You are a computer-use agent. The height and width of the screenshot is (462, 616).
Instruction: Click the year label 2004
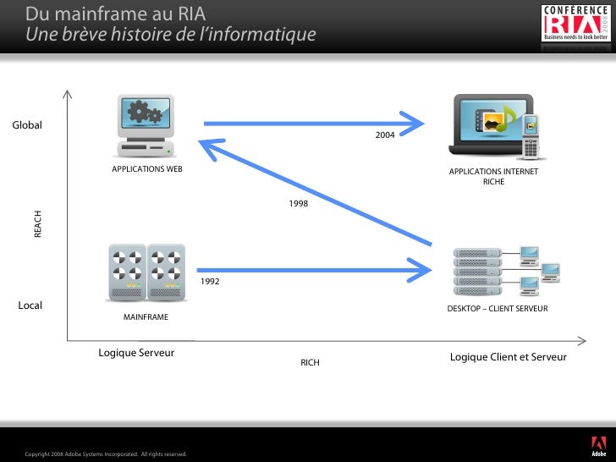(384, 135)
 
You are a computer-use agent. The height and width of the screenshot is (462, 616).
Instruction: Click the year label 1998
(298, 204)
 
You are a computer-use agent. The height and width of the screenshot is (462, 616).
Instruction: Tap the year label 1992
(210, 281)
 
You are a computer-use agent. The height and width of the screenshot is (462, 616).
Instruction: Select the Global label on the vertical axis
(27, 126)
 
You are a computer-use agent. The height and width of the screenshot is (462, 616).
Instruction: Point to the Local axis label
(30, 305)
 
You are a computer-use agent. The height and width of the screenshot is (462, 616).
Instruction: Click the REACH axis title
(38, 224)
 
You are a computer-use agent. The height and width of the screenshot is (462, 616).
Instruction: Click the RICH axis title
(311, 363)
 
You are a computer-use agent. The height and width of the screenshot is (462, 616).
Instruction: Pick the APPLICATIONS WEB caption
(147, 169)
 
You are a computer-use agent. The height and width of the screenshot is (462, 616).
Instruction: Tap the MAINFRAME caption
(146, 317)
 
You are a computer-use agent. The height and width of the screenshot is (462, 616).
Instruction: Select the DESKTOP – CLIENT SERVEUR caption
(497, 309)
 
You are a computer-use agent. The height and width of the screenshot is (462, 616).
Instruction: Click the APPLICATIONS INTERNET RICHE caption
(493, 176)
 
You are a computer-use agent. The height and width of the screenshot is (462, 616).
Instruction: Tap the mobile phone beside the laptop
(531, 135)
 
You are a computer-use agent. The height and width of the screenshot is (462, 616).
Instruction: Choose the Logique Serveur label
(136, 353)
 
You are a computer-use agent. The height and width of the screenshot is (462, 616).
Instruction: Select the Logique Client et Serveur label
(508, 357)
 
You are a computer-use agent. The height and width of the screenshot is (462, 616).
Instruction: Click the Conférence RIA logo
(575, 23)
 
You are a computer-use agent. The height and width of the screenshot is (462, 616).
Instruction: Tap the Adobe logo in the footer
(597, 445)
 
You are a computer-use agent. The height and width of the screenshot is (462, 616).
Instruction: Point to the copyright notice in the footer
(106, 455)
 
